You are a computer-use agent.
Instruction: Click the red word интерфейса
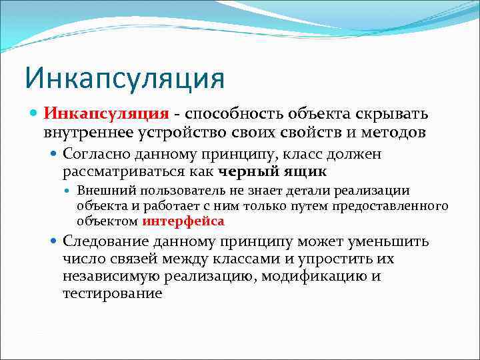(183, 221)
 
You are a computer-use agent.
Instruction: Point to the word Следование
(106, 241)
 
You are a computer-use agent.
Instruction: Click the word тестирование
(113, 293)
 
